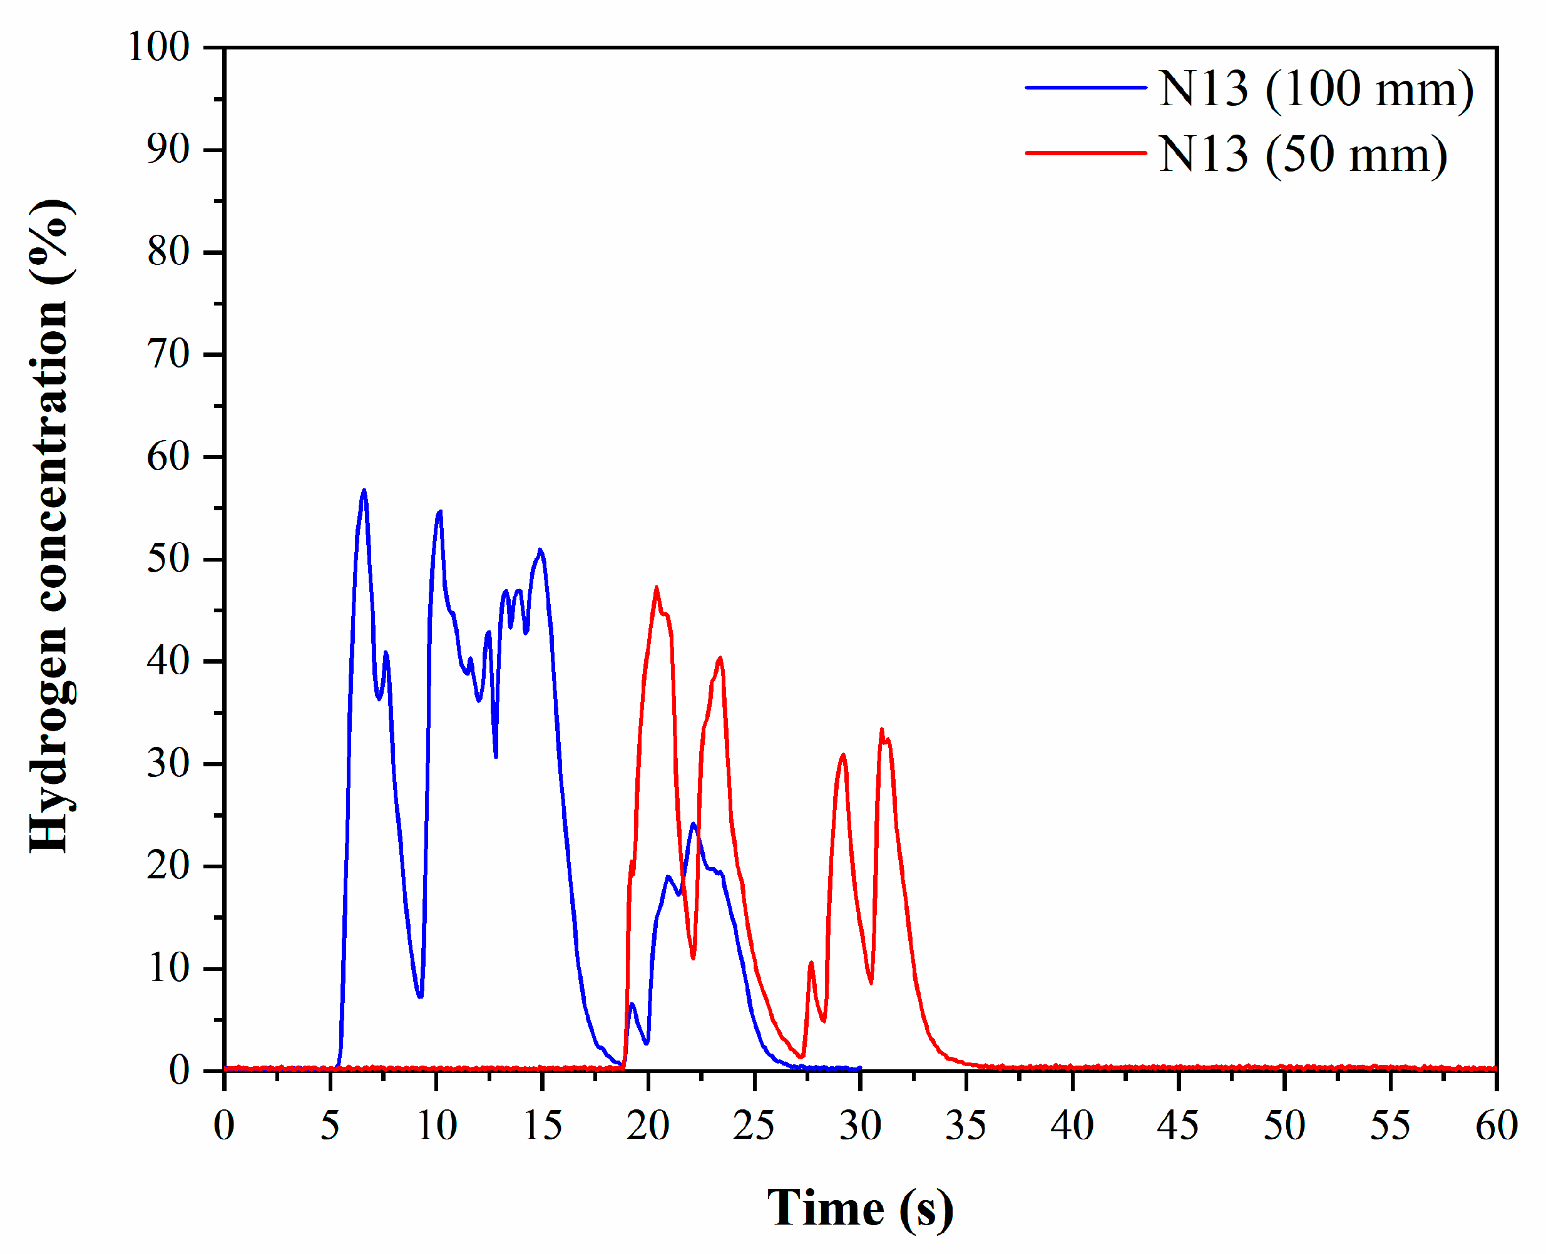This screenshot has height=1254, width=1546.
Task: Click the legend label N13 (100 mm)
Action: [1316, 90]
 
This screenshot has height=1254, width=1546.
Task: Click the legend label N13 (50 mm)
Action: [1303, 155]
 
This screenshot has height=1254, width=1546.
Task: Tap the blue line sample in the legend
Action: [1086, 88]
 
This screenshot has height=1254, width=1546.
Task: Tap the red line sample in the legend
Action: [1086, 152]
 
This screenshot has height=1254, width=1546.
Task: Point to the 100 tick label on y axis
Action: [159, 48]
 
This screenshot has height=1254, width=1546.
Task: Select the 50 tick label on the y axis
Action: [168, 559]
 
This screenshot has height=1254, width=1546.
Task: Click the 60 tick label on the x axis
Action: [1496, 1126]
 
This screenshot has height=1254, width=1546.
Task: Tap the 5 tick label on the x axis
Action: [330, 1126]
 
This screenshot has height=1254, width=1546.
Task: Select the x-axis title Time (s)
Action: [859, 1208]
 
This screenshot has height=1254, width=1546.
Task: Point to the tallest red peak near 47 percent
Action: [657, 587]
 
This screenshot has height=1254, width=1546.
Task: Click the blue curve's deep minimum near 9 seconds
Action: [420, 996]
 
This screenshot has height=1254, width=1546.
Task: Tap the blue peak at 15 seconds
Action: [540, 550]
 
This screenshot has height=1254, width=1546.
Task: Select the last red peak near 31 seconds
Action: [882, 730]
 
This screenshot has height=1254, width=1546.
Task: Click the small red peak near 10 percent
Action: [811, 963]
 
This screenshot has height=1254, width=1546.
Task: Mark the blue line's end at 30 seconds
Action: [859, 1068]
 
